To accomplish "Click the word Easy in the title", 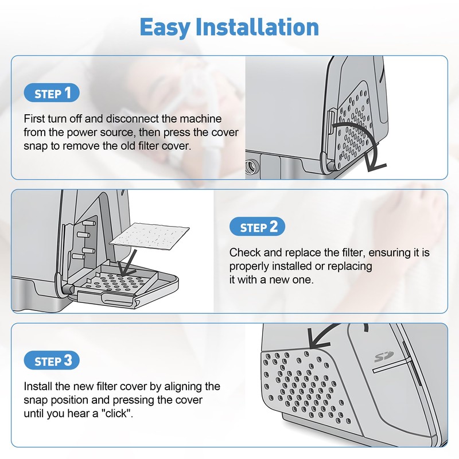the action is (x=165, y=27).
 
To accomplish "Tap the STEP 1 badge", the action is (x=52, y=93).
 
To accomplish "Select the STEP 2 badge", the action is (x=257, y=227).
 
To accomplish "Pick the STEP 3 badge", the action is (x=52, y=360).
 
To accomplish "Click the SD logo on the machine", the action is (x=384, y=357).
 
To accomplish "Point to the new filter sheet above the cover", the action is (x=149, y=236).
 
